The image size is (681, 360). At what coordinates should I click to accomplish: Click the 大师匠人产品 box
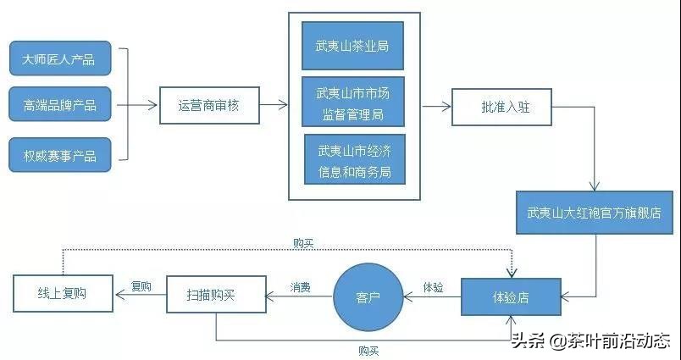click(59, 58)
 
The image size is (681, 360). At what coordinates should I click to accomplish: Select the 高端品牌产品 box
click(59, 106)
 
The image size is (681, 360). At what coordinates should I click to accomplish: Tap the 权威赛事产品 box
click(59, 156)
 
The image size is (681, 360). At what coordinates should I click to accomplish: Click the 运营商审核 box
click(208, 106)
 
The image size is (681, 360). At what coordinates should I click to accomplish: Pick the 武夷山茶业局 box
click(353, 47)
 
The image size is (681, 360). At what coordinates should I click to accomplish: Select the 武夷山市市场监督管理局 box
click(353, 102)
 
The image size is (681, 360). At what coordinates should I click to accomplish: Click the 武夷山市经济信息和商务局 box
click(353, 159)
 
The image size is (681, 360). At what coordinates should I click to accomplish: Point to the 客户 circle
click(368, 297)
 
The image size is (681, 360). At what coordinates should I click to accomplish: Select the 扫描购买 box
click(215, 295)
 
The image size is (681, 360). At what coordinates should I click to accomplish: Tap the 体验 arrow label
click(433, 286)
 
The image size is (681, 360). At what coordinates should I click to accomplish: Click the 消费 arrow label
click(299, 286)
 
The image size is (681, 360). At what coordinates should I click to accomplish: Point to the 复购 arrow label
click(141, 286)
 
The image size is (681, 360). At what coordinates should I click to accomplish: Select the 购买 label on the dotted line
click(303, 243)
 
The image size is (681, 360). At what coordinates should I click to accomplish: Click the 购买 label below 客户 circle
click(368, 350)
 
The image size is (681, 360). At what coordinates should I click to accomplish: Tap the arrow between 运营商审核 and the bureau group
click(272, 106)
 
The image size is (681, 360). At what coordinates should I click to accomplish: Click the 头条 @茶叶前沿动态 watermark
click(591, 341)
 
